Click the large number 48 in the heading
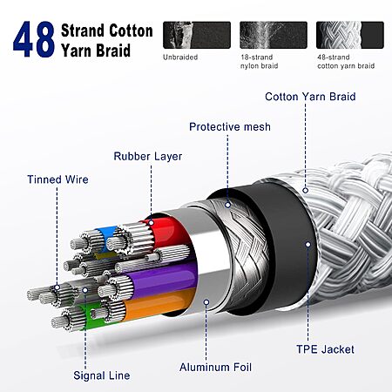(34, 39)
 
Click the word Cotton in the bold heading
(132, 30)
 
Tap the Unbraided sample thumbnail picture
(197, 35)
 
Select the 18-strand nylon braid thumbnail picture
(274, 35)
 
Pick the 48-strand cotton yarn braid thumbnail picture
(350, 35)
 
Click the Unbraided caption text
(180, 57)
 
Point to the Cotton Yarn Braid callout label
(310, 97)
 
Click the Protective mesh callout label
(230, 127)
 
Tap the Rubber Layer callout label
(148, 157)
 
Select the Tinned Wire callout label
(57, 179)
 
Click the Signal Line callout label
(102, 375)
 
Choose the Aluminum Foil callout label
(215, 368)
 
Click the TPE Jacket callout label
(325, 349)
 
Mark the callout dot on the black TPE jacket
(308, 245)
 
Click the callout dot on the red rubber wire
(151, 223)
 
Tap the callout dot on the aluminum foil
(206, 302)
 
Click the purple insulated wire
(164, 279)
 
